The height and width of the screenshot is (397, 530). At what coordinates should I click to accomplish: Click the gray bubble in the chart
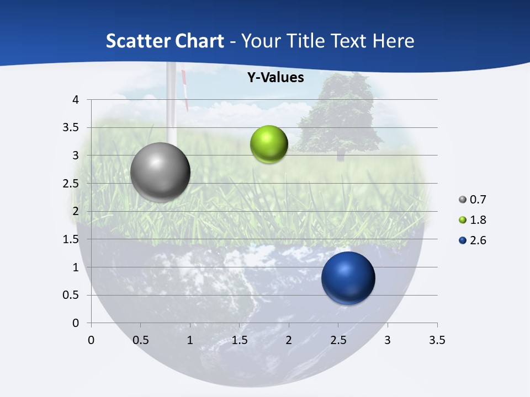(161, 172)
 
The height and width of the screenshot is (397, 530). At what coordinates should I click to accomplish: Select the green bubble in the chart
(269, 144)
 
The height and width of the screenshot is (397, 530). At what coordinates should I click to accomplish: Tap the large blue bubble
(348, 278)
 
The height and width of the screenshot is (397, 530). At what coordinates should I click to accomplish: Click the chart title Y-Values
(275, 78)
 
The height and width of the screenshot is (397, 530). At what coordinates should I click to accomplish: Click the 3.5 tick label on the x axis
(437, 340)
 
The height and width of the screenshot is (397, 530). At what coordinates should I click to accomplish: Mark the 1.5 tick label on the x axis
(239, 340)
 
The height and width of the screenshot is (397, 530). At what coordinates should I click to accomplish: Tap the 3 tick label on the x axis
(388, 340)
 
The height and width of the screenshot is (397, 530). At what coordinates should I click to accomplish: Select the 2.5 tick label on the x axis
(338, 340)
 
